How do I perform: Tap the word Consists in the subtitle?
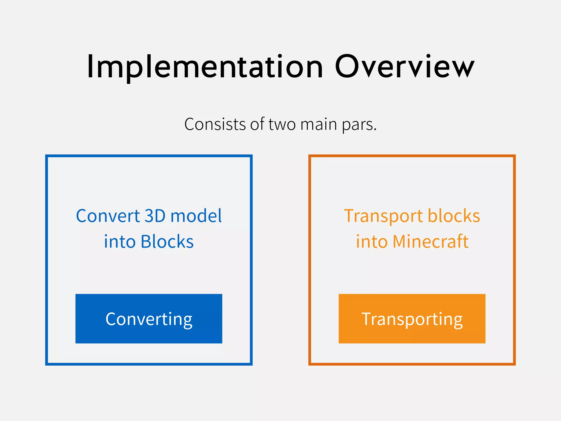coord(215,124)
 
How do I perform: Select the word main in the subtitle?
coord(318,124)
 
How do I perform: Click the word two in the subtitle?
coord(282,124)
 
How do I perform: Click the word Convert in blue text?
coord(108,216)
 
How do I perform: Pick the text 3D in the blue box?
coord(155,216)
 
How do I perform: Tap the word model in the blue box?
coord(196,216)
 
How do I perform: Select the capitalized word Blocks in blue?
coord(167,241)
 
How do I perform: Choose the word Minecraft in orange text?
coord(430,241)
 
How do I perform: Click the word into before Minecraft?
coord(372,241)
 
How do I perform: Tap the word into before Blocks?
coord(120,241)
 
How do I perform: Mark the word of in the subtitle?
coord(257,124)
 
